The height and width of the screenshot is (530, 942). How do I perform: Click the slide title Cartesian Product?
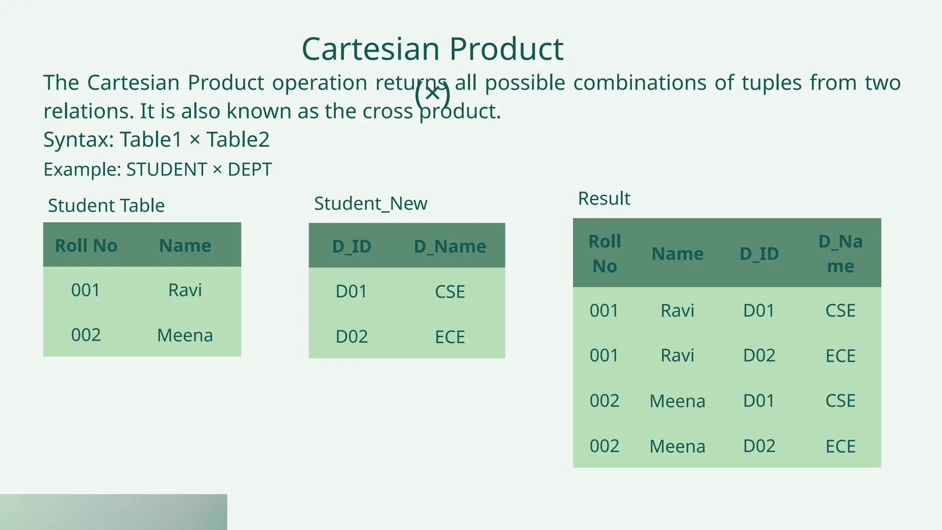click(x=432, y=49)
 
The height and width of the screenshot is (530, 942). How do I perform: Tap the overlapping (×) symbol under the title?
click(x=432, y=94)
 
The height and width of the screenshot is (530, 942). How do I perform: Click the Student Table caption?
click(x=106, y=206)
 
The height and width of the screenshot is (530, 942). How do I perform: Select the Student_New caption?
click(x=371, y=203)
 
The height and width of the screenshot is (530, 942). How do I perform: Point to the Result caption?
click(x=604, y=199)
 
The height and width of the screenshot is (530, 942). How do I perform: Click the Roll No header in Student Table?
click(x=86, y=246)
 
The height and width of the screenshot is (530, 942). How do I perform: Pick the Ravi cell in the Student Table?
click(x=185, y=290)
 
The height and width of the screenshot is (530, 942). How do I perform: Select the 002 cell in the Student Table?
click(x=86, y=335)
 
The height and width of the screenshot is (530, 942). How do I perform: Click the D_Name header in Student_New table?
click(x=450, y=247)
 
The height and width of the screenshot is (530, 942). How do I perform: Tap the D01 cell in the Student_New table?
click(x=351, y=292)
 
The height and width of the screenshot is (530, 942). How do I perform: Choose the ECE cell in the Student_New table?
click(x=450, y=337)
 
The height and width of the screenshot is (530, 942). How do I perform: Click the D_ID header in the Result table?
click(x=759, y=254)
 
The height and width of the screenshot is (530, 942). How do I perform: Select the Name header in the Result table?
click(x=678, y=254)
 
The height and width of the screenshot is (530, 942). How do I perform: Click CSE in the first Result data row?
click(x=840, y=311)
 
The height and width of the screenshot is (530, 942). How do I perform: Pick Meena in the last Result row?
click(x=678, y=446)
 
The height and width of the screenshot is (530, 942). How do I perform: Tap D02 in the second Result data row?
click(x=759, y=356)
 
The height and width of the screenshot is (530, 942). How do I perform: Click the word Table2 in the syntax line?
click(x=238, y=140)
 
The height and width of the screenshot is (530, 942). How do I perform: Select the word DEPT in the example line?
click(x=250, y=170)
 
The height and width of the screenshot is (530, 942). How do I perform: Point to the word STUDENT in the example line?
click(x=167, y=170)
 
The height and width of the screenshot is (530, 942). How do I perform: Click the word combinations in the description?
click(x=640, y=83)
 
